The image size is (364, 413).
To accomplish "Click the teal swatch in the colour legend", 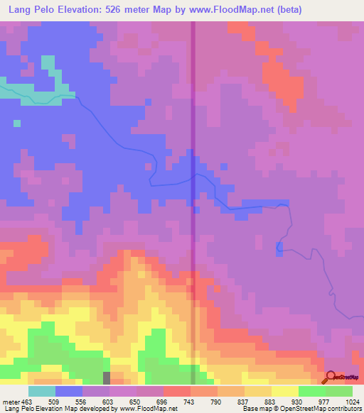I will tap(42, 391).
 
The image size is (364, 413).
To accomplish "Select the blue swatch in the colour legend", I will tap(69, 391).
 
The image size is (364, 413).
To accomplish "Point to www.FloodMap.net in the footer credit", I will tap(146, 409).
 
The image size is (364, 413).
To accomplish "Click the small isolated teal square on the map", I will tap(16, 123).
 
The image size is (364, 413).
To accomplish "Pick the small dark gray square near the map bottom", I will tap(107, 377).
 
